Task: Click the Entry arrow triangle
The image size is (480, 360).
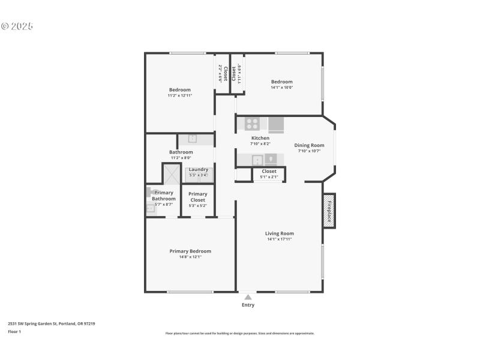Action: tap(248, 297)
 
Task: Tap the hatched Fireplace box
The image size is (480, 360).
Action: tap(329, 211)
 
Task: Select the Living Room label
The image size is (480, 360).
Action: tap(280, 233)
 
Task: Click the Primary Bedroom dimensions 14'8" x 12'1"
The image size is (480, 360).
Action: tap(190, 257)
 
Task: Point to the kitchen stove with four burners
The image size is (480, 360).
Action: tap(252, 124)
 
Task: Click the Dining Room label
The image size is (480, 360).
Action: tap(309, 145)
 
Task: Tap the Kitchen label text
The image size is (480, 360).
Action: tap(260, 138)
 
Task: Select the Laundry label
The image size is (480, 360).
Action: tap(198, 169)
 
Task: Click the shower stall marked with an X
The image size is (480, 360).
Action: tap(172, 174)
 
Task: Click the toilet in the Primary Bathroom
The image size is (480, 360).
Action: tap(150, 193)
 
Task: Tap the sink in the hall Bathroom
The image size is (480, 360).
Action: tap(192, 139)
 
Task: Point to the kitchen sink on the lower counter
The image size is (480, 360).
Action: tap(256, 159)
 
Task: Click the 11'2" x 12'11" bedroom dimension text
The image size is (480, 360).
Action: tap(179, 95)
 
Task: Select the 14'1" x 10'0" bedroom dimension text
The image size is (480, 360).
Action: tap(281, 88)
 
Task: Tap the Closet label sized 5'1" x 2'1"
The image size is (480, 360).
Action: tap(269, 171)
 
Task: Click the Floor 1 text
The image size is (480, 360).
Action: tap(14, 331)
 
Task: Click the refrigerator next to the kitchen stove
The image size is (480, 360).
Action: tap(276, 124)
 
